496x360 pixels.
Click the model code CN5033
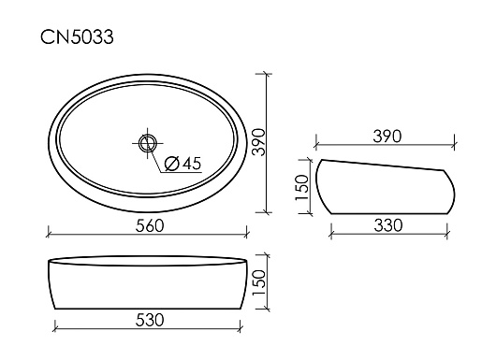(77, 37)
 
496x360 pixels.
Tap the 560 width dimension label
(150, 226)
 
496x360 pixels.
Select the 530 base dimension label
(150, 320)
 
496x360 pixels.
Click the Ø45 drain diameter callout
(183, 164)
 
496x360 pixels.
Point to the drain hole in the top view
(148, 143)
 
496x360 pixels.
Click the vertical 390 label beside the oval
(259, 141)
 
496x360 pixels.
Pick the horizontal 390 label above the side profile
(387, 137)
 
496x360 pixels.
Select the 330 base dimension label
(388, 225)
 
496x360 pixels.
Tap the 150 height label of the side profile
(301, 187)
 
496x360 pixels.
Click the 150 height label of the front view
(259, 282)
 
